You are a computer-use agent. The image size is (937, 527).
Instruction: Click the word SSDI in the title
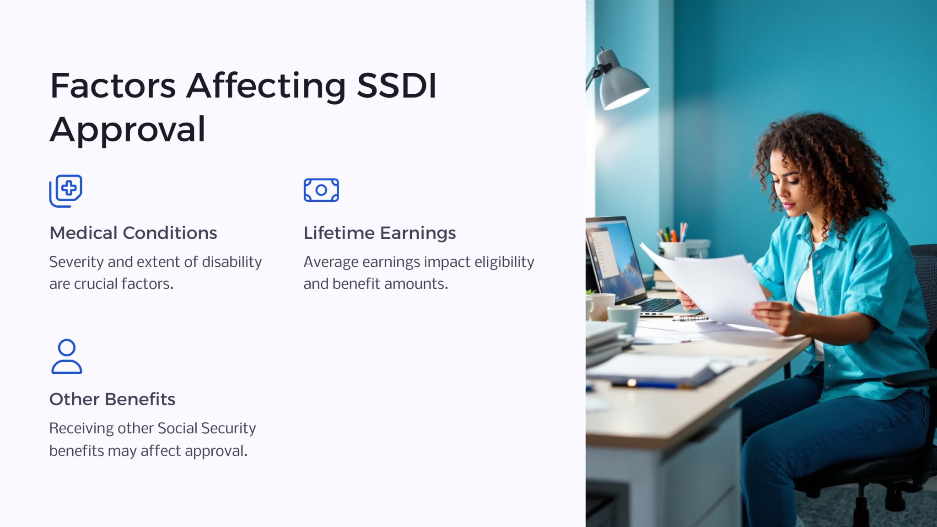397,86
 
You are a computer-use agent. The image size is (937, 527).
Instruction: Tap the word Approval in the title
128,129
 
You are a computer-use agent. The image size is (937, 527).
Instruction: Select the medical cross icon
66,191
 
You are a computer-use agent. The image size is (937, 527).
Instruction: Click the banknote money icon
321,190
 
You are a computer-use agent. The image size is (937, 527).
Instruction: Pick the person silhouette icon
67,357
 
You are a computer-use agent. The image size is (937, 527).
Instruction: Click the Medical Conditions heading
133,233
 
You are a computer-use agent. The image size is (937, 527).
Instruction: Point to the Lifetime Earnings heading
380,233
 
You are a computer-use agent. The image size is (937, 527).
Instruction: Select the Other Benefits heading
112,399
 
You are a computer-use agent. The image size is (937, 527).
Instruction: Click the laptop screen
613,256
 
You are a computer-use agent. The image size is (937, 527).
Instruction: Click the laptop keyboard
659,305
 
